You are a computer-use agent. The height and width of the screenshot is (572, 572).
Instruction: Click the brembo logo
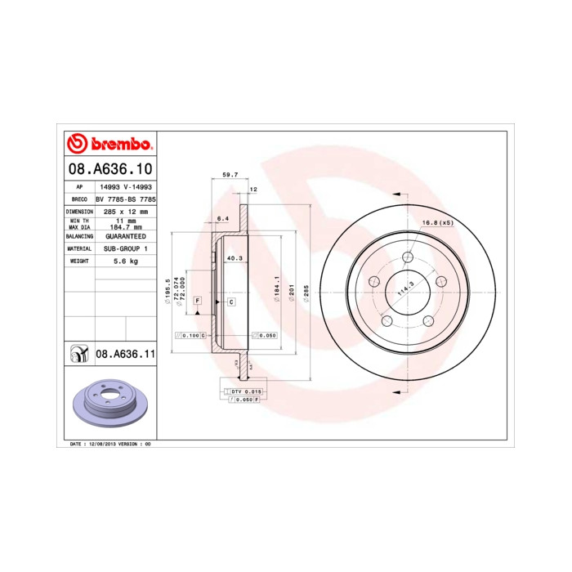pyautogui.click(x=109, y=145)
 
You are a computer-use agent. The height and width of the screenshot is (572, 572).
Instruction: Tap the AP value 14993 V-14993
pyautogui.click(x=125, y=187)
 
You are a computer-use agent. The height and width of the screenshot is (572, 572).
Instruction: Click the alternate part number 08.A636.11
pyautogui.click(x=125, y=354)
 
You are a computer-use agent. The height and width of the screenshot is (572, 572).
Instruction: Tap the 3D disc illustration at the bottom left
pyautogui.click(x=109, y=403)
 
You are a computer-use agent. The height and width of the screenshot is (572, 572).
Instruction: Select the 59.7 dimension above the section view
pyautogui.click(x=230, y=175)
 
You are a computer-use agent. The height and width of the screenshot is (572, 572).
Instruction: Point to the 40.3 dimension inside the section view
pyautogui.click(x=233, y=258)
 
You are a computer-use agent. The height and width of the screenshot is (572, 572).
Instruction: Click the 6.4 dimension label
pyautogui.click(x=222, y=219)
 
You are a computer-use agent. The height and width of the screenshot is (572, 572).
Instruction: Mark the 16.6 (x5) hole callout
pyautogui.click(x=437, y=223)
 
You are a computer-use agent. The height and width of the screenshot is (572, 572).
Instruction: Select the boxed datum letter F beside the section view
pyautogui.click(x=198, y=302)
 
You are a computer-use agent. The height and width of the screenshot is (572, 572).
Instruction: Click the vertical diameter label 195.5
pyautogui.click(x=166, y=290)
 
